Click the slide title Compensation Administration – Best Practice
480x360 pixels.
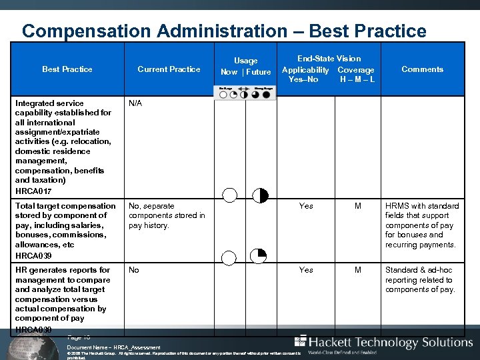pyautogui.click(x=224, y=31)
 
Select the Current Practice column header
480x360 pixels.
pyautogui.click(x=169, y=69)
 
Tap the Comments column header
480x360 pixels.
pyautogui.click(x=422, y=69)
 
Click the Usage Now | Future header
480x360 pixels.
pyautogui.click(x=245, y=67)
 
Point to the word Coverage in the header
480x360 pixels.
pyautogui.click(x=356, y=70)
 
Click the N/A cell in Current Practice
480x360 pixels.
pyautogui.click(x=135, y=103)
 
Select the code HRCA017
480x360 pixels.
pyautogui.click(x=33, y=191)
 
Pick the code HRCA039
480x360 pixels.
pyautogui.click(x=33, y=255)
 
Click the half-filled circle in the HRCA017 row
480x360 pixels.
pyautogui.click(x=260, y=195)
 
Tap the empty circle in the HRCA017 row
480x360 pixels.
pyautogui.click(x=229, y=195)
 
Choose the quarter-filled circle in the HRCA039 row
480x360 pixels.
pyautogui.click(x=259, y=256)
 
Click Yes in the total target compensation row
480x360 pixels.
pyautogui.click(x=306, y=206)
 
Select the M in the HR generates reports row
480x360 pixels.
pyautogui.click(x=358, y=270)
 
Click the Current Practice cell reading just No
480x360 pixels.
pyautogui.click(x=134, y=270)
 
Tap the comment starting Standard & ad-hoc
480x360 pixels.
pyautogui.click(x=420, y=280)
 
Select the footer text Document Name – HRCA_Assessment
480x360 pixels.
pyautogui.click(x=114, y=347)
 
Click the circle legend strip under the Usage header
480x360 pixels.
pyautogui.click(x=245, y=93)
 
